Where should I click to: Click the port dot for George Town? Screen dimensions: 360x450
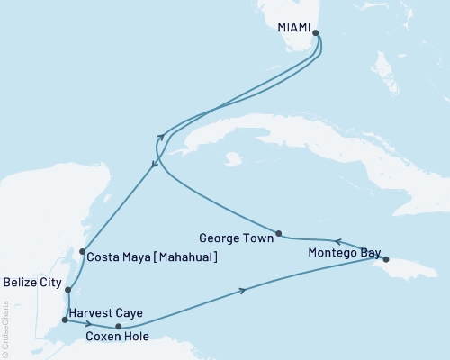click(x=279, y=233)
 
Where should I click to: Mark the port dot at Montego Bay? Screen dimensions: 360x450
click(x=386, y=260)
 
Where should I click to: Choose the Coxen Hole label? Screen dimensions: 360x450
click(x=117, y=338)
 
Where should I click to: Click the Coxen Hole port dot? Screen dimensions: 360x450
click(x=119, y=326)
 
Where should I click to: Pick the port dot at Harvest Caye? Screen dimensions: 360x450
click(x=64, y=319)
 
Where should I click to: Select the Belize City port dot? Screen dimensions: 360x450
click(x=67, y=289)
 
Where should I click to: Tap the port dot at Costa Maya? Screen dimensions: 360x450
click(x=82, y=252)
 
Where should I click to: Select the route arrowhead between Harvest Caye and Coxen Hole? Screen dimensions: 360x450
click(x=88, y=322)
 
